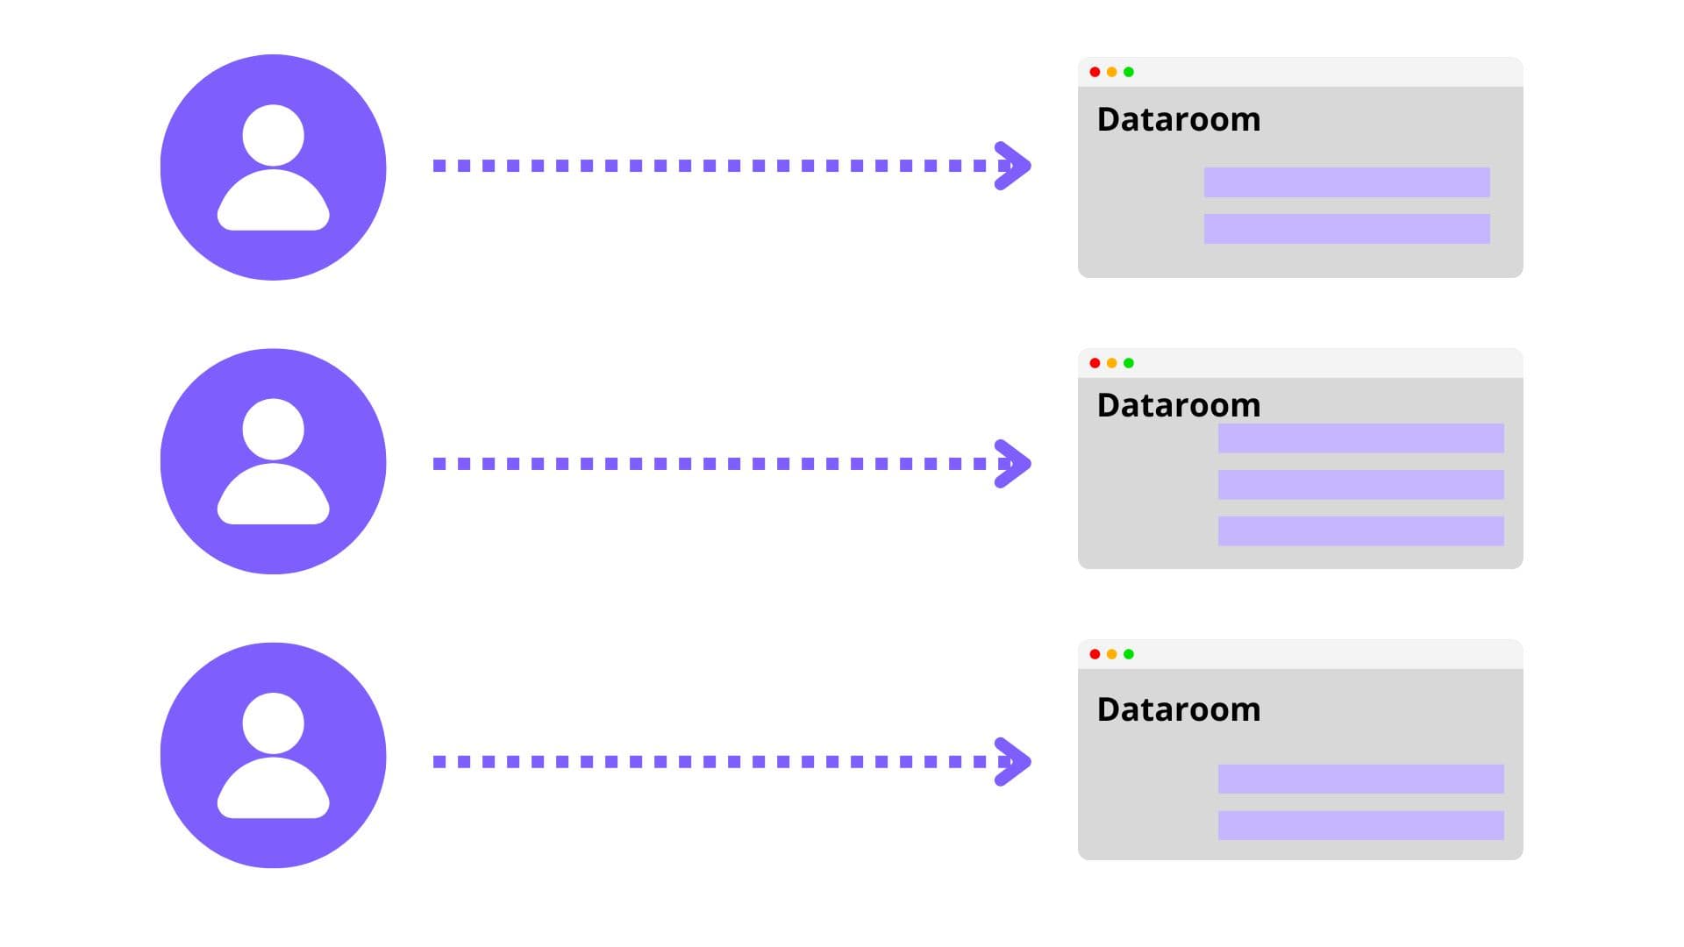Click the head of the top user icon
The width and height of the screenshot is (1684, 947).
(273, 135)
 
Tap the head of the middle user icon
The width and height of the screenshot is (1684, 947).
(273, 429)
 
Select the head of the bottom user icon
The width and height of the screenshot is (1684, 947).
(273, 723)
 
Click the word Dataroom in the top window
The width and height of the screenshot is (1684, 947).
(1178, 119)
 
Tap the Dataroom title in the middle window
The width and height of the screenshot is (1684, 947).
(1178, 405)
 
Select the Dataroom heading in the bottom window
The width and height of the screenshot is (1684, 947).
(1178, 709)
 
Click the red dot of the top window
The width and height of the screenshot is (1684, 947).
(1095, 72)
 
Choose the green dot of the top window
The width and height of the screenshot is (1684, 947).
(1129, 72)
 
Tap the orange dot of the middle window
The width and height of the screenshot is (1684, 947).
(1111, 363)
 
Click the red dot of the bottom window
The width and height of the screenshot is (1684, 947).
(1095, 654)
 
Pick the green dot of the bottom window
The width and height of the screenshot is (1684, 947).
(1129, 654)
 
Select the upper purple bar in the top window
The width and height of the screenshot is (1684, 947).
(1346, 182)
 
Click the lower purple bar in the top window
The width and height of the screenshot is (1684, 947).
(1346, 229)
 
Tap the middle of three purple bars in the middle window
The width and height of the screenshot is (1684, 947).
(1360, 485)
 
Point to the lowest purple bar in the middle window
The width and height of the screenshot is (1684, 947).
(1360, 531)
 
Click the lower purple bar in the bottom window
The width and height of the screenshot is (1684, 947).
(1360, 825)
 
